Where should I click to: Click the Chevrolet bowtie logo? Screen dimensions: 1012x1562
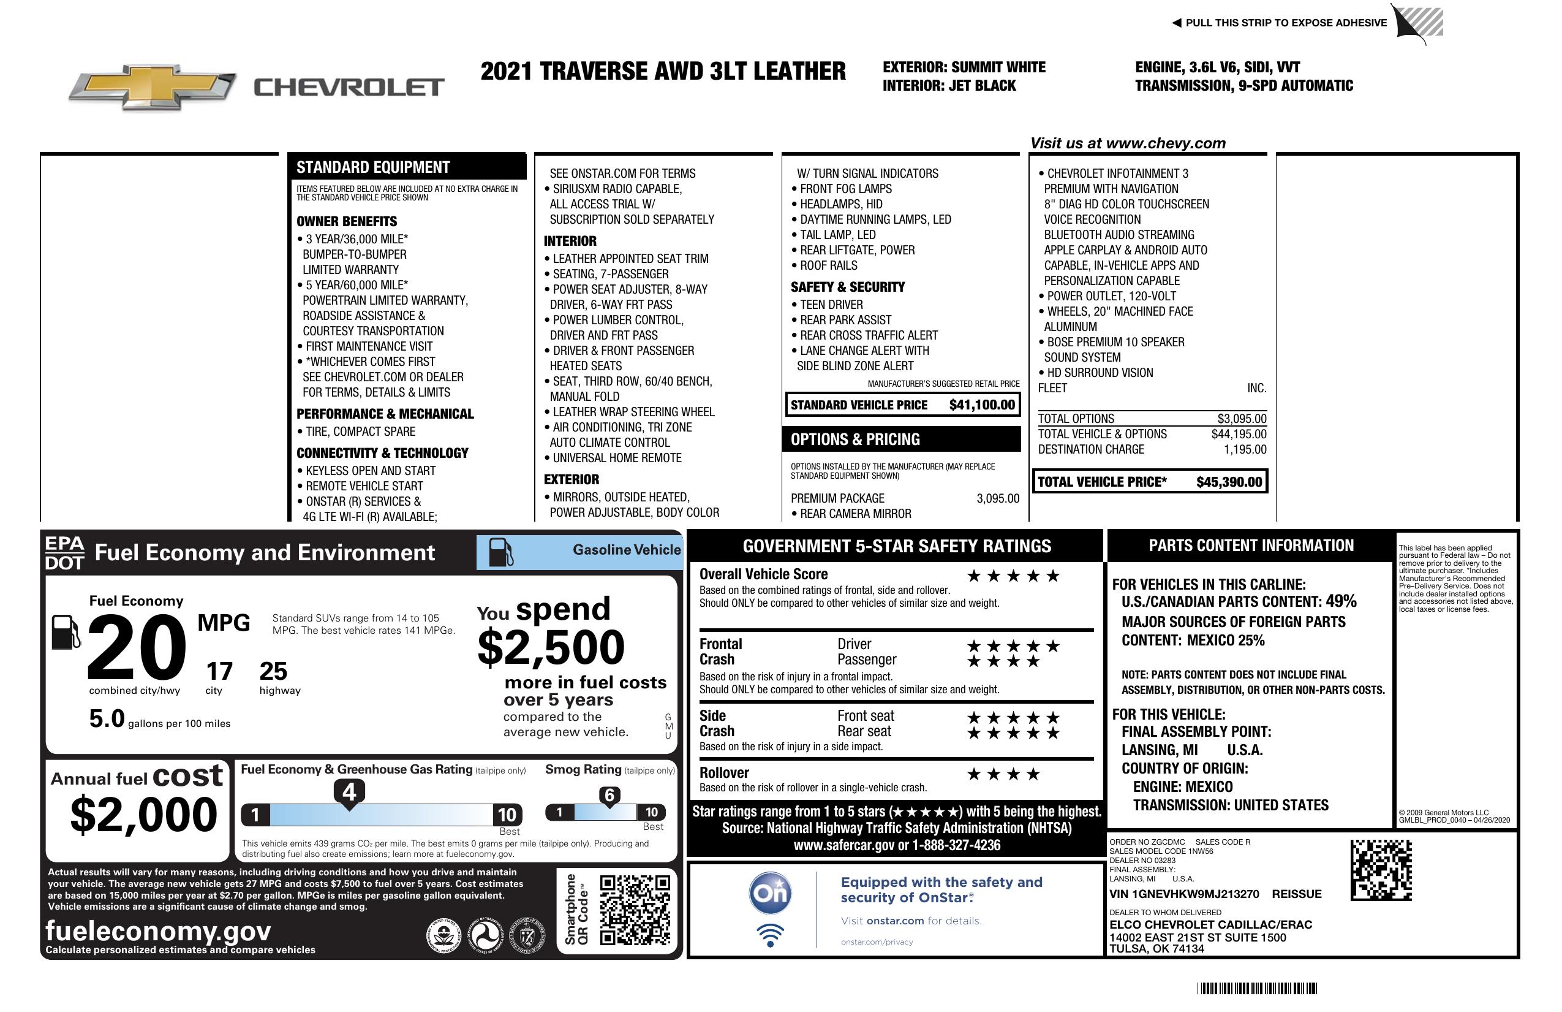[153, 86]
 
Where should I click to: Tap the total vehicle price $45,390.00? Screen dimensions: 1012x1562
[1228, 482]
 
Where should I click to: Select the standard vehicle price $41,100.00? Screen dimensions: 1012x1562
[982, 405]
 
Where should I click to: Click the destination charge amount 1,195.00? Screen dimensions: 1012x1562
[1244, 450]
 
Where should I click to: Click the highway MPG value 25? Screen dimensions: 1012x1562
[273, 671]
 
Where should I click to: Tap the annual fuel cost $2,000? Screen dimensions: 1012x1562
[143, 815]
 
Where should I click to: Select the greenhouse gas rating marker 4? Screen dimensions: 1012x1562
[349, 792]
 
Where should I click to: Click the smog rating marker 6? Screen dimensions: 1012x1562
[609, 795]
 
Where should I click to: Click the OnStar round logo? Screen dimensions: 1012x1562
[770, 893]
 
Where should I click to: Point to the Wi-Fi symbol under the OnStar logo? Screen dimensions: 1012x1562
[770, 935]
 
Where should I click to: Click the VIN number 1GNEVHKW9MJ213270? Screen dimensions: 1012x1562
[1183, 894]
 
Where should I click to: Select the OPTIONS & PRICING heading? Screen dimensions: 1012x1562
[855, 439]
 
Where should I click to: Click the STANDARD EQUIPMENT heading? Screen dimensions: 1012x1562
[373, 167]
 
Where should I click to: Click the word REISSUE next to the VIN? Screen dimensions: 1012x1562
[1296, 894]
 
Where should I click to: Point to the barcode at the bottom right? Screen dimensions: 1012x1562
[1256, 988]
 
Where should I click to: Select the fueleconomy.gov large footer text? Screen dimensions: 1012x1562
[158, 931]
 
